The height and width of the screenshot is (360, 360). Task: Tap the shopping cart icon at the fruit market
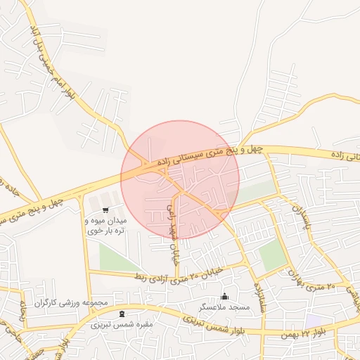(105, 210)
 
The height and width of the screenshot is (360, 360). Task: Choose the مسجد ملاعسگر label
(224, 307)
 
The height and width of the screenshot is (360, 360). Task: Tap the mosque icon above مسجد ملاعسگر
(224, 296)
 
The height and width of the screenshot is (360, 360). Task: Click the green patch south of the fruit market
(116, 257)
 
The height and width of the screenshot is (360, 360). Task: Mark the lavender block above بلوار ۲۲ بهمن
(314, 321)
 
